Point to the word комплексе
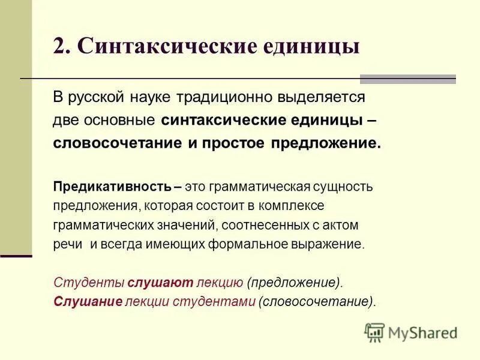[x=292, y=206]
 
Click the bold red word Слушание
[x=88, y=301]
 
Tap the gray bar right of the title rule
[x=407, y=79]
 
